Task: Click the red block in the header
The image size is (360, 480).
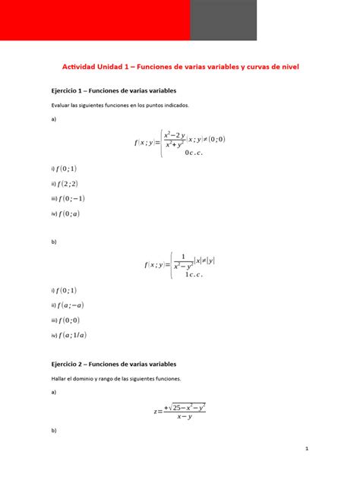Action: [95, 20]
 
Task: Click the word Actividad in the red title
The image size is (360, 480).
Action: [77, 67]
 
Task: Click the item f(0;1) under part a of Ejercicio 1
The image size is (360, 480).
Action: [66, 169]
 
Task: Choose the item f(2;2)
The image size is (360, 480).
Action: [67, 183]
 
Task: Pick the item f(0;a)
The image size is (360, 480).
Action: [68, 213]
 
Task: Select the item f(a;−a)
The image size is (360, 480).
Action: [71, 305]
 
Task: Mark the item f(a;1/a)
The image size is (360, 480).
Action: [71, 335]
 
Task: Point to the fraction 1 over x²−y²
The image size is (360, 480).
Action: [183, 261]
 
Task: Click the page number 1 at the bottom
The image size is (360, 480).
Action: [306, 449]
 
